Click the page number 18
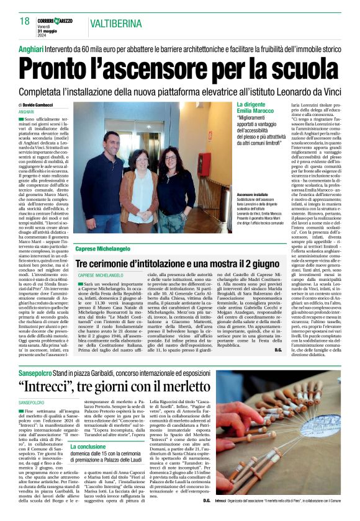click(24, 21)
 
